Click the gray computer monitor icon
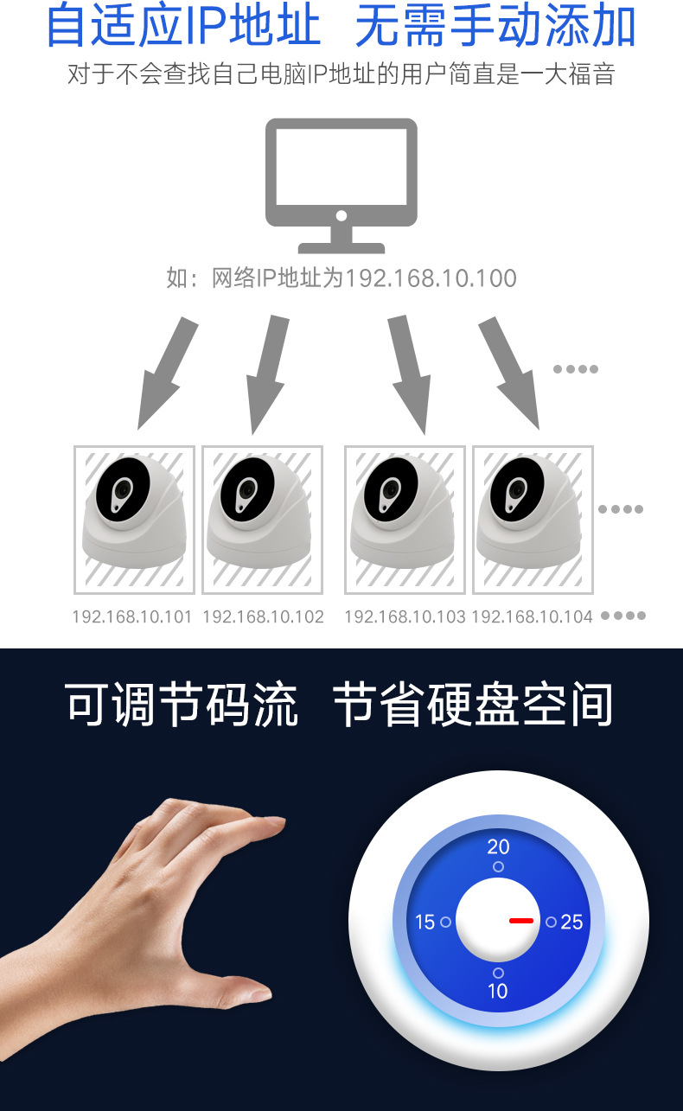tap(341, 183)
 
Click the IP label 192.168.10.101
tap(131, 616)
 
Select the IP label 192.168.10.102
tap(263, 616)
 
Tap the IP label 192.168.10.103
tap(405, 616)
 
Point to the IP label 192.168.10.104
tap(532, 616)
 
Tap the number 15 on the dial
tap(424, 923)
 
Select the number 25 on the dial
tap(571, 923)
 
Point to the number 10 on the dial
tap(498, 991)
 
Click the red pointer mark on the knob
tap(521, 921)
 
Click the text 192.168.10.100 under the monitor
tap(431, 278)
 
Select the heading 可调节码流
tap(182, 706)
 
